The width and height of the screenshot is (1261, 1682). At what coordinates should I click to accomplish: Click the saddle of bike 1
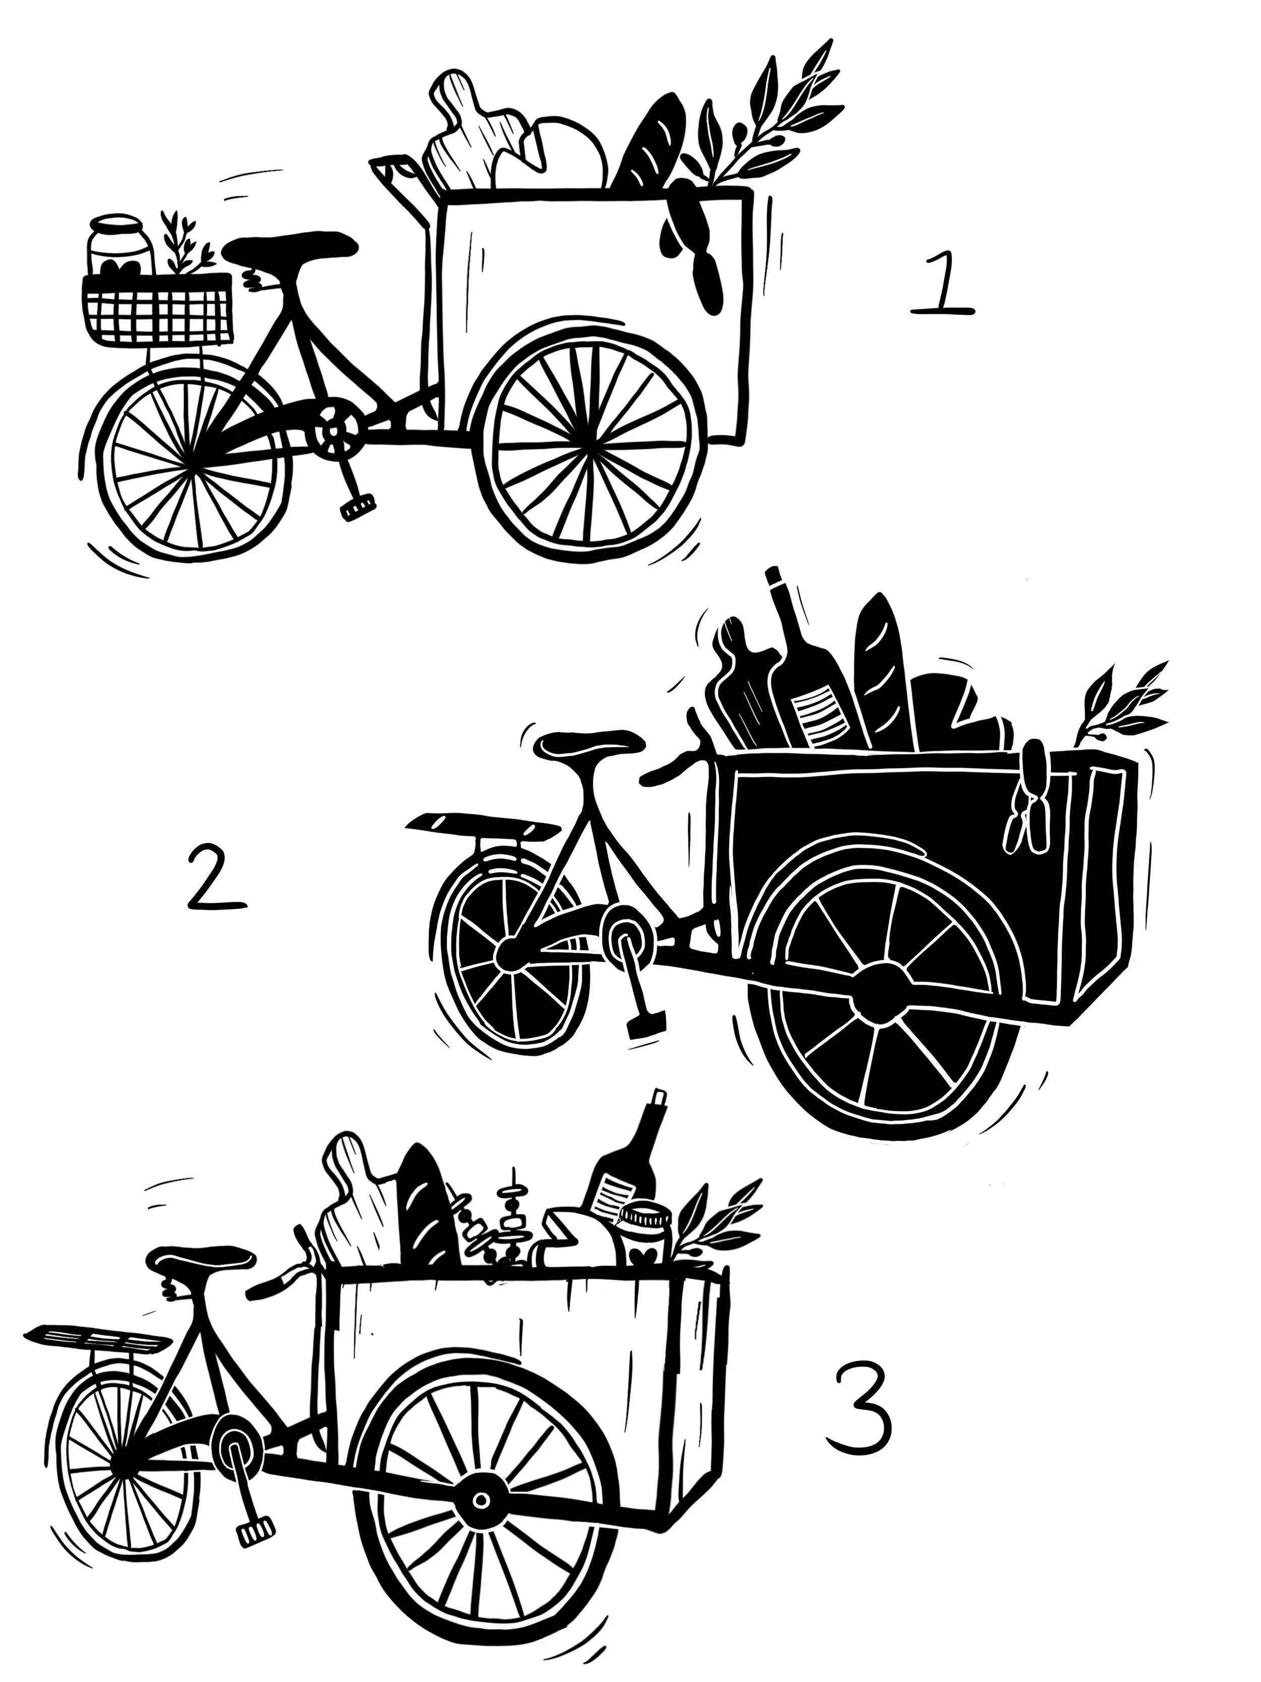click(291, 247)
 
